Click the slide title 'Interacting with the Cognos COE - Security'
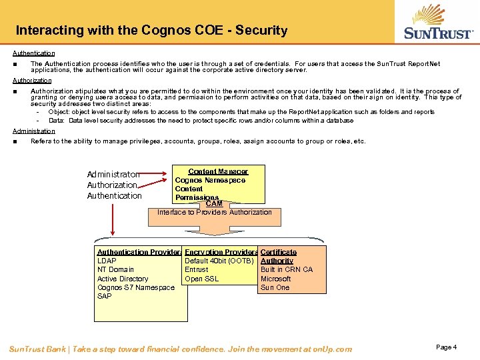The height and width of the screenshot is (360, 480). point(151,30)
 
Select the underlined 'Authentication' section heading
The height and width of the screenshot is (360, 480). point(34,53)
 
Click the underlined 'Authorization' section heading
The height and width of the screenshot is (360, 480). point(32,80)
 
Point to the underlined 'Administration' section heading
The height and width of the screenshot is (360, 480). point(34,131)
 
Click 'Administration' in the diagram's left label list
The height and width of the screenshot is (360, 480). point(113,175)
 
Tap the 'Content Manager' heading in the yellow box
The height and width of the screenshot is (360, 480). point(218,171)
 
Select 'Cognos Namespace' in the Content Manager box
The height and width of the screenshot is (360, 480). point(210,180)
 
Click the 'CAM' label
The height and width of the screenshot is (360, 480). point(214,203)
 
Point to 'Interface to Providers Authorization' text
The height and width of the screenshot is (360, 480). point(215,212)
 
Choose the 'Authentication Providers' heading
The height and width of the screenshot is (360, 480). point(139,252)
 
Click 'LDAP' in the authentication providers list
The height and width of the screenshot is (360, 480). point(107,261)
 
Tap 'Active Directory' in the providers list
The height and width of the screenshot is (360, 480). point(123,279)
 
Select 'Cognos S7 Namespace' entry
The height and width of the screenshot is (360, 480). point(136,287)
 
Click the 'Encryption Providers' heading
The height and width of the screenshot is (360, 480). point(221,252)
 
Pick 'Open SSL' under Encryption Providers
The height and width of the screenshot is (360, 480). point(201,279)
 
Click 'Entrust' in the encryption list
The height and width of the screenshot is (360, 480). point(196,269)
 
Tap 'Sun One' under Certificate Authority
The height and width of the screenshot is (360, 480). point(275,287)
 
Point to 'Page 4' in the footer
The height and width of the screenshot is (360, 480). point(446,347)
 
